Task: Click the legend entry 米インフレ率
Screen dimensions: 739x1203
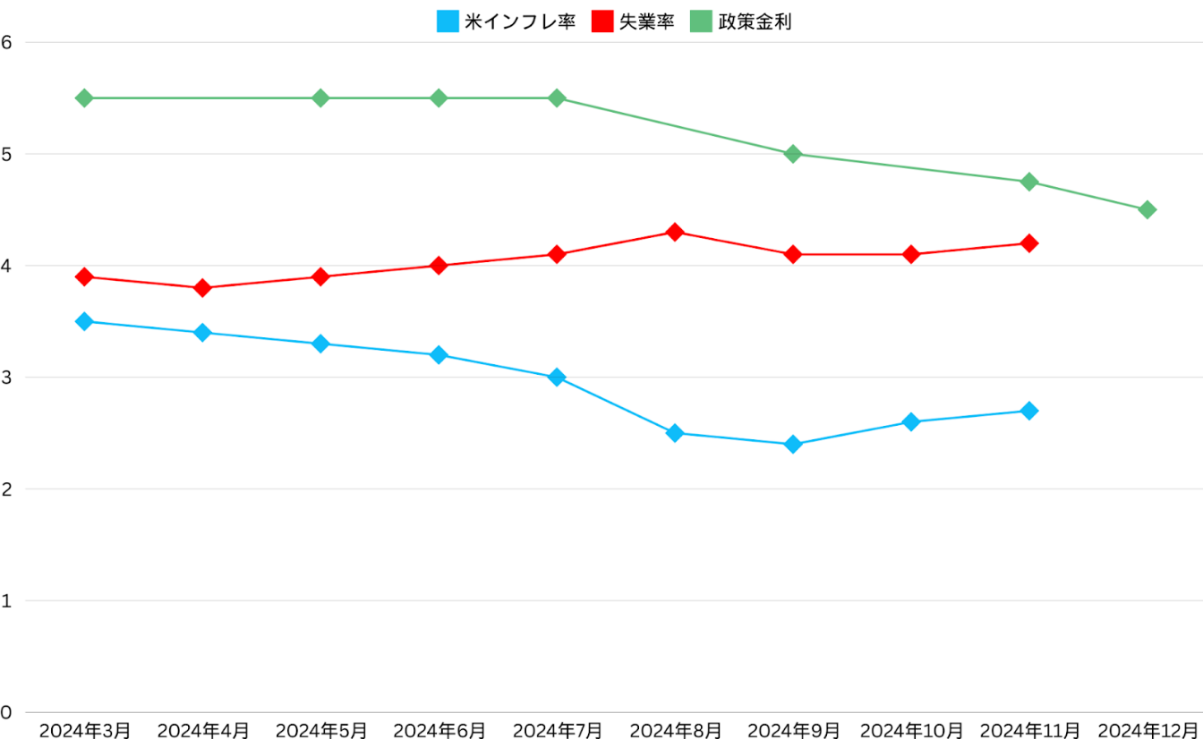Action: (x=506, y=21)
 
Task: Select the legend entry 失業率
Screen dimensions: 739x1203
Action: (x=633, y=21)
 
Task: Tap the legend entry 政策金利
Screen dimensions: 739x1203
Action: (x=740, y=21)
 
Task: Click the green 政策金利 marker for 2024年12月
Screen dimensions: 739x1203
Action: (x=1147, y=209)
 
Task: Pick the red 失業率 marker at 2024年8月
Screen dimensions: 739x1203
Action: (x=675, y=233)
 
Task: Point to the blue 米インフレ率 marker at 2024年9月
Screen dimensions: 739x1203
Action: (x=793, y=445)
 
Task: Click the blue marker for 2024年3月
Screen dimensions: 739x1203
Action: (x=84, y=321)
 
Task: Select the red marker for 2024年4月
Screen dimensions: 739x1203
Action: (x=202, y=288)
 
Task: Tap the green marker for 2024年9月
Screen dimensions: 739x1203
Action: (x=793, y=154)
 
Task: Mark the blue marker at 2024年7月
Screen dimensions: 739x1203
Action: (x=557, y=378)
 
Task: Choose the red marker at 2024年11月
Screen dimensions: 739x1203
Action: (x=1029, y=243)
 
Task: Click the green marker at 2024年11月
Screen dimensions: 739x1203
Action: (x=1029, y=182)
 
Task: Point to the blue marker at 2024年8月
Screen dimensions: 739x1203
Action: (x=675, y=433)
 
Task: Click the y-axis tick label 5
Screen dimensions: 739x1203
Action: (x=6, y=154)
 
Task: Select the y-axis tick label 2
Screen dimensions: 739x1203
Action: (x=6, y=489)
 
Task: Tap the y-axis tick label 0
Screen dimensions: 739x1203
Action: (x=6, y=713)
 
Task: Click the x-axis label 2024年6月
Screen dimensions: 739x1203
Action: (x=439, y=730)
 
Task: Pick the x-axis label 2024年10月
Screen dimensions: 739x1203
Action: (x=911, y=730)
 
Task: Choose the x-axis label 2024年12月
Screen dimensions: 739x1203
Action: (x=1147, y=730)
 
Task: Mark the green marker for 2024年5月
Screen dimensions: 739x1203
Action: (x=320, y=98)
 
